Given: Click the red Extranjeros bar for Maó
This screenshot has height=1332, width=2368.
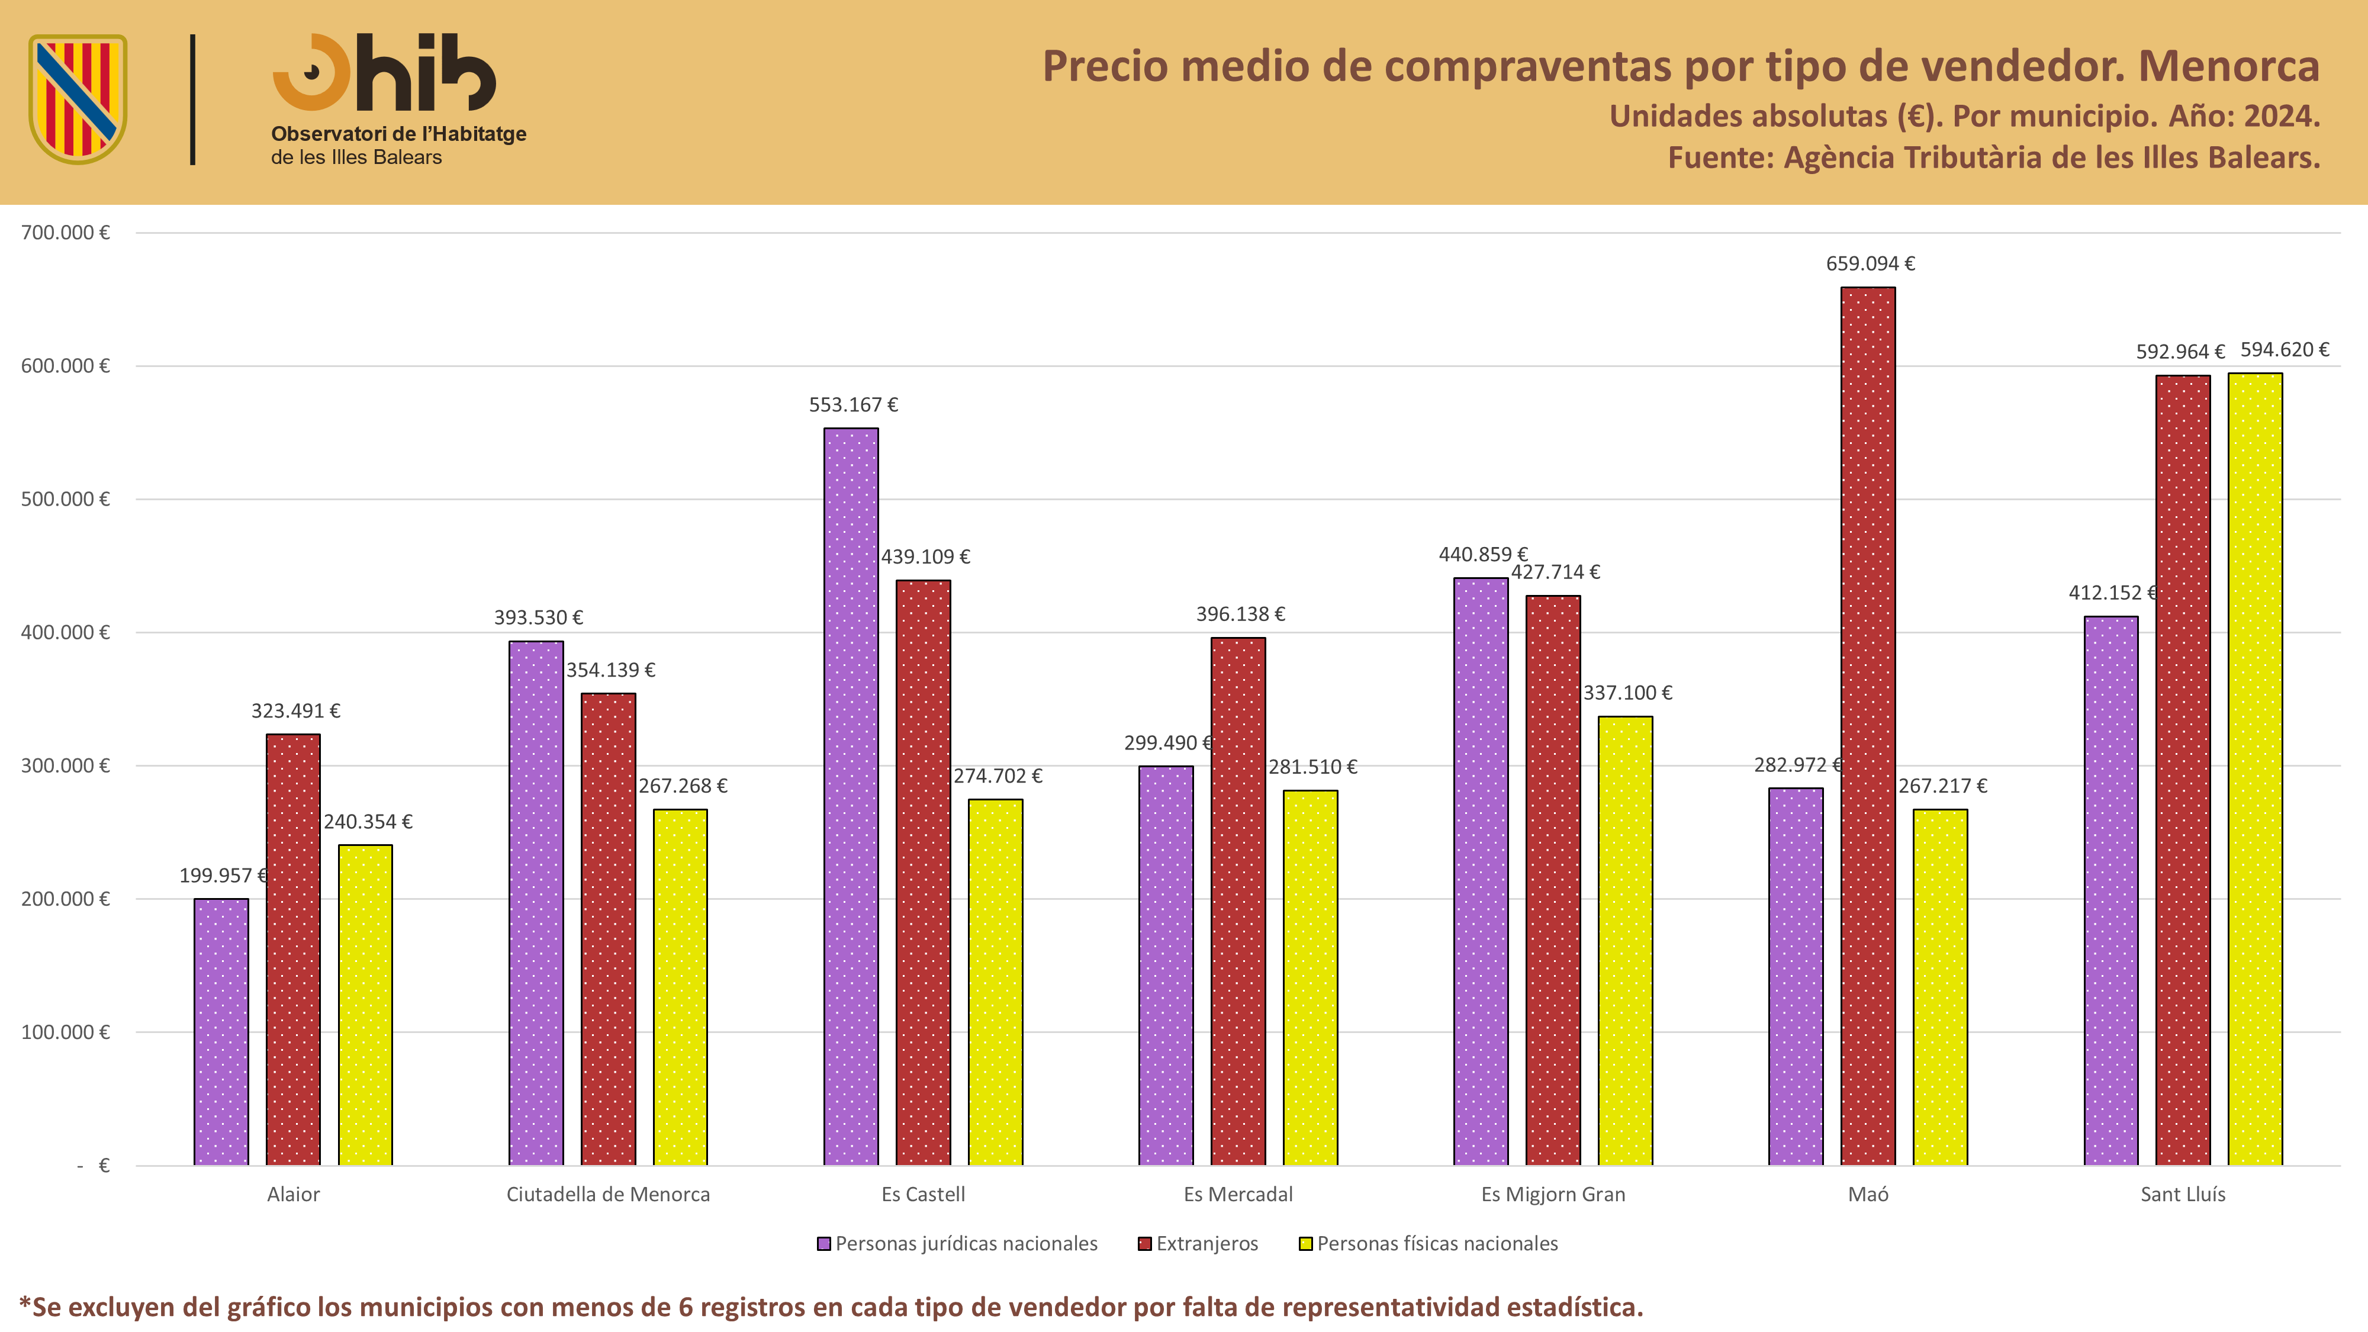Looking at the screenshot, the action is (x=1868, y=726).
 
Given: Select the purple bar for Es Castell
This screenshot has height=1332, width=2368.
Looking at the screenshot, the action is (x=851, y=797).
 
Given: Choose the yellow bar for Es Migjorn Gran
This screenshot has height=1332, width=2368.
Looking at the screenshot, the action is (x=1625, y=941).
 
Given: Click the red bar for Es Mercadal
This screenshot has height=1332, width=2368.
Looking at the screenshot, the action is (x=1238, y=902).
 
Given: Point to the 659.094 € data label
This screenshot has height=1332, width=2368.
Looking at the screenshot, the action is (x=1870, y=264).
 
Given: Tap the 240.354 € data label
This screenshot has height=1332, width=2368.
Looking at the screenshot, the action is (x=368, y=822).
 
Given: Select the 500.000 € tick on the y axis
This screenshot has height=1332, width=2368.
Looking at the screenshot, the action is (x=65, y=499).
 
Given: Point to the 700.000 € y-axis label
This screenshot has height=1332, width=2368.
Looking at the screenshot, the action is (x=65, y=233).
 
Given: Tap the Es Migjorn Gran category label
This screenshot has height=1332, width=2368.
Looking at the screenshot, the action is (x=1553, y=1194).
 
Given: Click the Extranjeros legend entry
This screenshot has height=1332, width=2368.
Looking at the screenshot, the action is (x=1198, y=1244).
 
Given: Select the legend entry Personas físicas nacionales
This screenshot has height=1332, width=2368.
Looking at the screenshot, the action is (x=1428, y=1244).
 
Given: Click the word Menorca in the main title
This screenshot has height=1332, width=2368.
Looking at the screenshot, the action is (x=2229, y=66).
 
